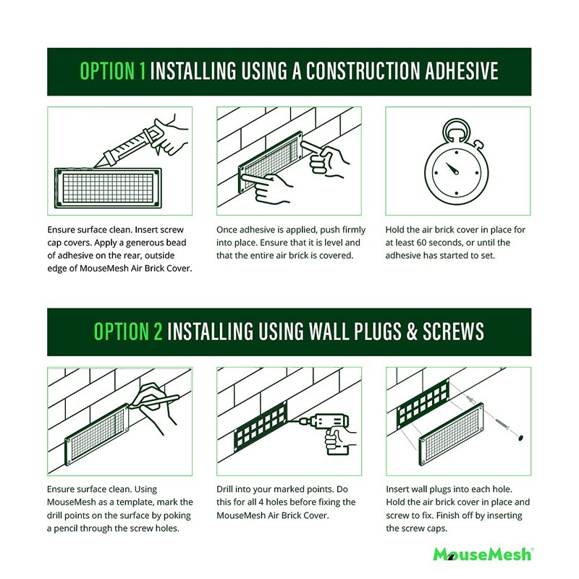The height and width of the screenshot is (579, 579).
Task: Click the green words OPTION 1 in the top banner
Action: tap(113, 71)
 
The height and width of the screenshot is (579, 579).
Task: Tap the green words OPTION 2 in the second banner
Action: tap(128, 331)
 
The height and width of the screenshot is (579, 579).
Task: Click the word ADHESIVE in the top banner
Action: tap(462, 71)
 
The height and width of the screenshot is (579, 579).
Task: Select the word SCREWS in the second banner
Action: tap(454, 331)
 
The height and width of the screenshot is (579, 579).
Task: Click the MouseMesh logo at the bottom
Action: tap(483, 554)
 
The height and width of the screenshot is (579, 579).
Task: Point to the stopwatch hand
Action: tap(452, 169)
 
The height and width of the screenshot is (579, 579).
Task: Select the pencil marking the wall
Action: tap(154, 402)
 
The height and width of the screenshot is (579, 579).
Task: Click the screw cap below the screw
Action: tap(520, 438)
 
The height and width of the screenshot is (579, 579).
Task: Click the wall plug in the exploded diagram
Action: tap(471, 400)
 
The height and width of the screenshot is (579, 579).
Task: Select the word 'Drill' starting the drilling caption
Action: tap(225, 489)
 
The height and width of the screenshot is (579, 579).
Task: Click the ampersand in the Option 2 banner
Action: tap(412, 331)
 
